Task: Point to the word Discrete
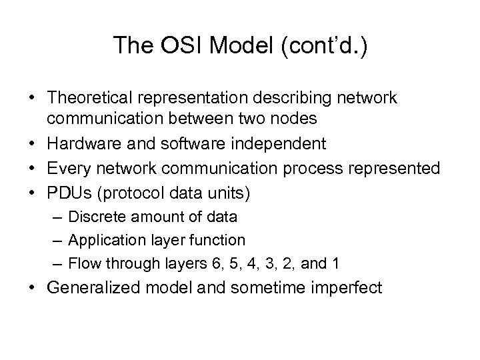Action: point(95,217)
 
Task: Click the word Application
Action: point(103,239)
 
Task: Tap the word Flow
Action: point(83,263)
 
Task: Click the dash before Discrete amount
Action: point(58,217)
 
